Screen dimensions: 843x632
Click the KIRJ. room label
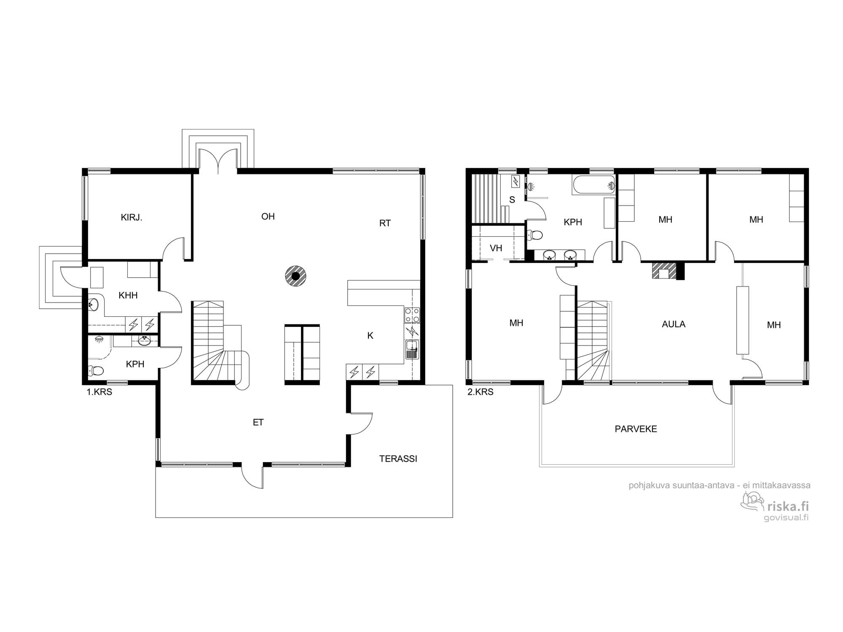pos(132,218)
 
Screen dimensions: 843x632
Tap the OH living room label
pos(268,217)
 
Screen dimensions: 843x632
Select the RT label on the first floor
pos(385,223)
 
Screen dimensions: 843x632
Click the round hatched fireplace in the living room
pos(295,276)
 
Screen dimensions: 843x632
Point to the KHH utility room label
pos(128,295)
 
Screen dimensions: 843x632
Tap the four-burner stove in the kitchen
pos(412,315)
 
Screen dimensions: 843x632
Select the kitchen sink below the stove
pos(412,350)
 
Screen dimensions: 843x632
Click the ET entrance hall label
pos(258,422)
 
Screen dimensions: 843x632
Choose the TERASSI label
pos(398,458)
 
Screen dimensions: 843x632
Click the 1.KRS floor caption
pos(99,392)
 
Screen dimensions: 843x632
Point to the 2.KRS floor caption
pos(481,392)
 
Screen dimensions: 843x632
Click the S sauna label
pos(512,200)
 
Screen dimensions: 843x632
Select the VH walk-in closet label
pos(496,248)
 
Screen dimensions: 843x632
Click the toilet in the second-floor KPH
pos(535,234)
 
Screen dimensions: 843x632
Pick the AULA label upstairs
pos(674,324)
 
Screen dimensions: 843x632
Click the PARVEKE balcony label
pos(636,429)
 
